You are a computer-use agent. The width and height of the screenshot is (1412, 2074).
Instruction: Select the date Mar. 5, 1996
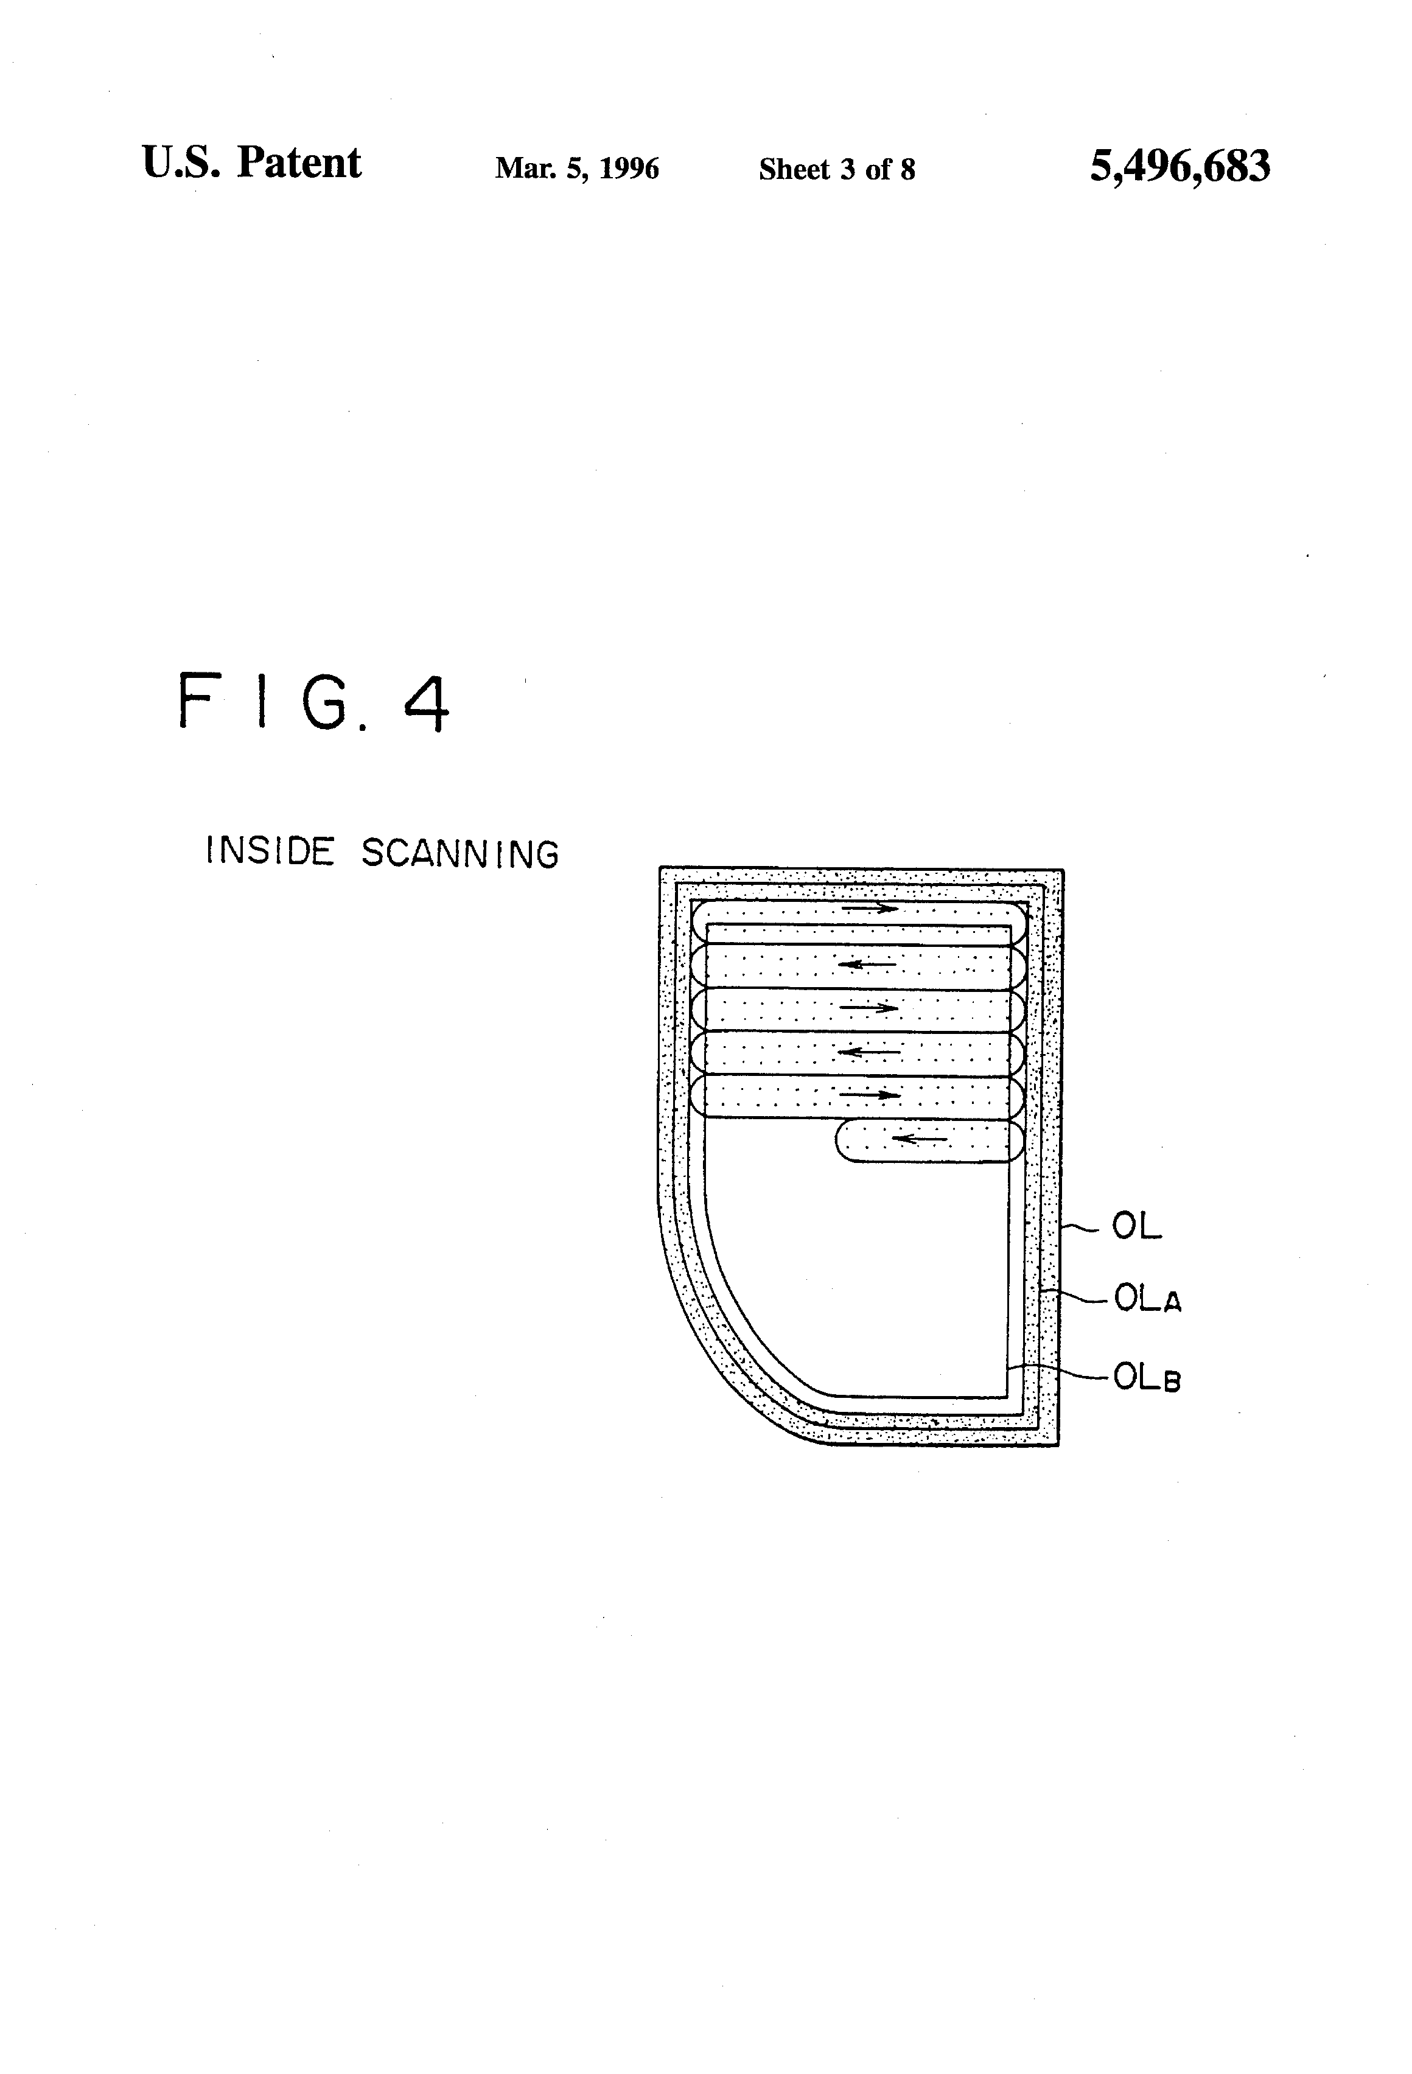(x=576, y=169)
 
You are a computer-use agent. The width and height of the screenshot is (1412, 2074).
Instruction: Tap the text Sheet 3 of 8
(x=836, y=170)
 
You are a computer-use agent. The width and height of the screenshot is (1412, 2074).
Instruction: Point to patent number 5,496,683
(x=1179, y=167)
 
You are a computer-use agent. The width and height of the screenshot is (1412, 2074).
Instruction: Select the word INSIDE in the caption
(x=270, y=851)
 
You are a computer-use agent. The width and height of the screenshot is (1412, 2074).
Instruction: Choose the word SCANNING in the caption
(x=460, y=854)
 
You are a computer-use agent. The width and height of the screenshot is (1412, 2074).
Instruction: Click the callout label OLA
(x=1147, y=1299)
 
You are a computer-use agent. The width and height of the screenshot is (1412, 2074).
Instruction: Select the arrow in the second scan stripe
(x=867, y=964)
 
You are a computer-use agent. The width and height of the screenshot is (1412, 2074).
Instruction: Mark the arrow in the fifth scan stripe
(x=870, y=1094)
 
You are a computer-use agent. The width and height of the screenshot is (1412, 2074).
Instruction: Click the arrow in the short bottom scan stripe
(x=919, y=1139)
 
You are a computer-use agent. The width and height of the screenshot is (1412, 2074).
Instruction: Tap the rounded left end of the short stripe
(x=840, y=1142)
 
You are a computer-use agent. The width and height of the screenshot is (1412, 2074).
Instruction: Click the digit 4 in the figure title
(x=427, y=704)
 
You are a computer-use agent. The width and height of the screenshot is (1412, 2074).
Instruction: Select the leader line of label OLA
(x=1080, y=1296)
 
